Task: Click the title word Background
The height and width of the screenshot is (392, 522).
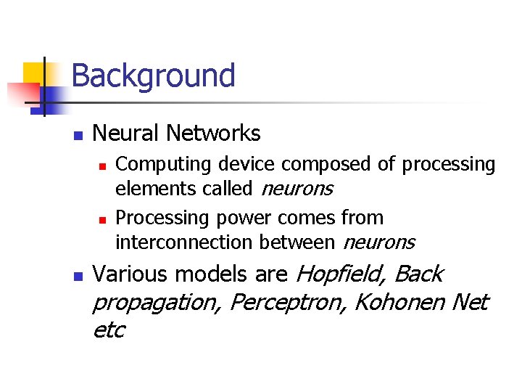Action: [x=154, y=75]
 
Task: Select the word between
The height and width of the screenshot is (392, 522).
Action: [x=302, y=242]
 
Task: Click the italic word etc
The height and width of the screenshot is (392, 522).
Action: [x=109, y=330]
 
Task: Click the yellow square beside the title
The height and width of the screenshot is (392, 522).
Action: [x=35, y=73]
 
